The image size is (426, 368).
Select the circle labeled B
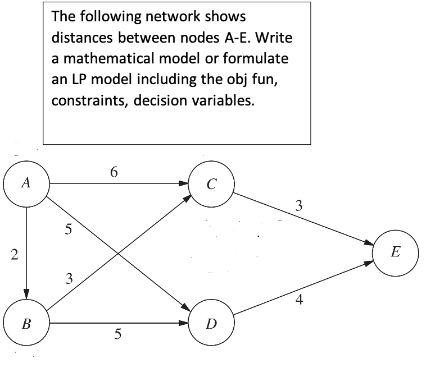[x=27, y=324]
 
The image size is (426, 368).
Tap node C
[x=209, y=183]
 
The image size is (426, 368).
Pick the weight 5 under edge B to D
[x=117, y=334]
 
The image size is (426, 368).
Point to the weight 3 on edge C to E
[x=299, y=206]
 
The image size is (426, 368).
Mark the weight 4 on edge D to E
[x=299, y=301]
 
